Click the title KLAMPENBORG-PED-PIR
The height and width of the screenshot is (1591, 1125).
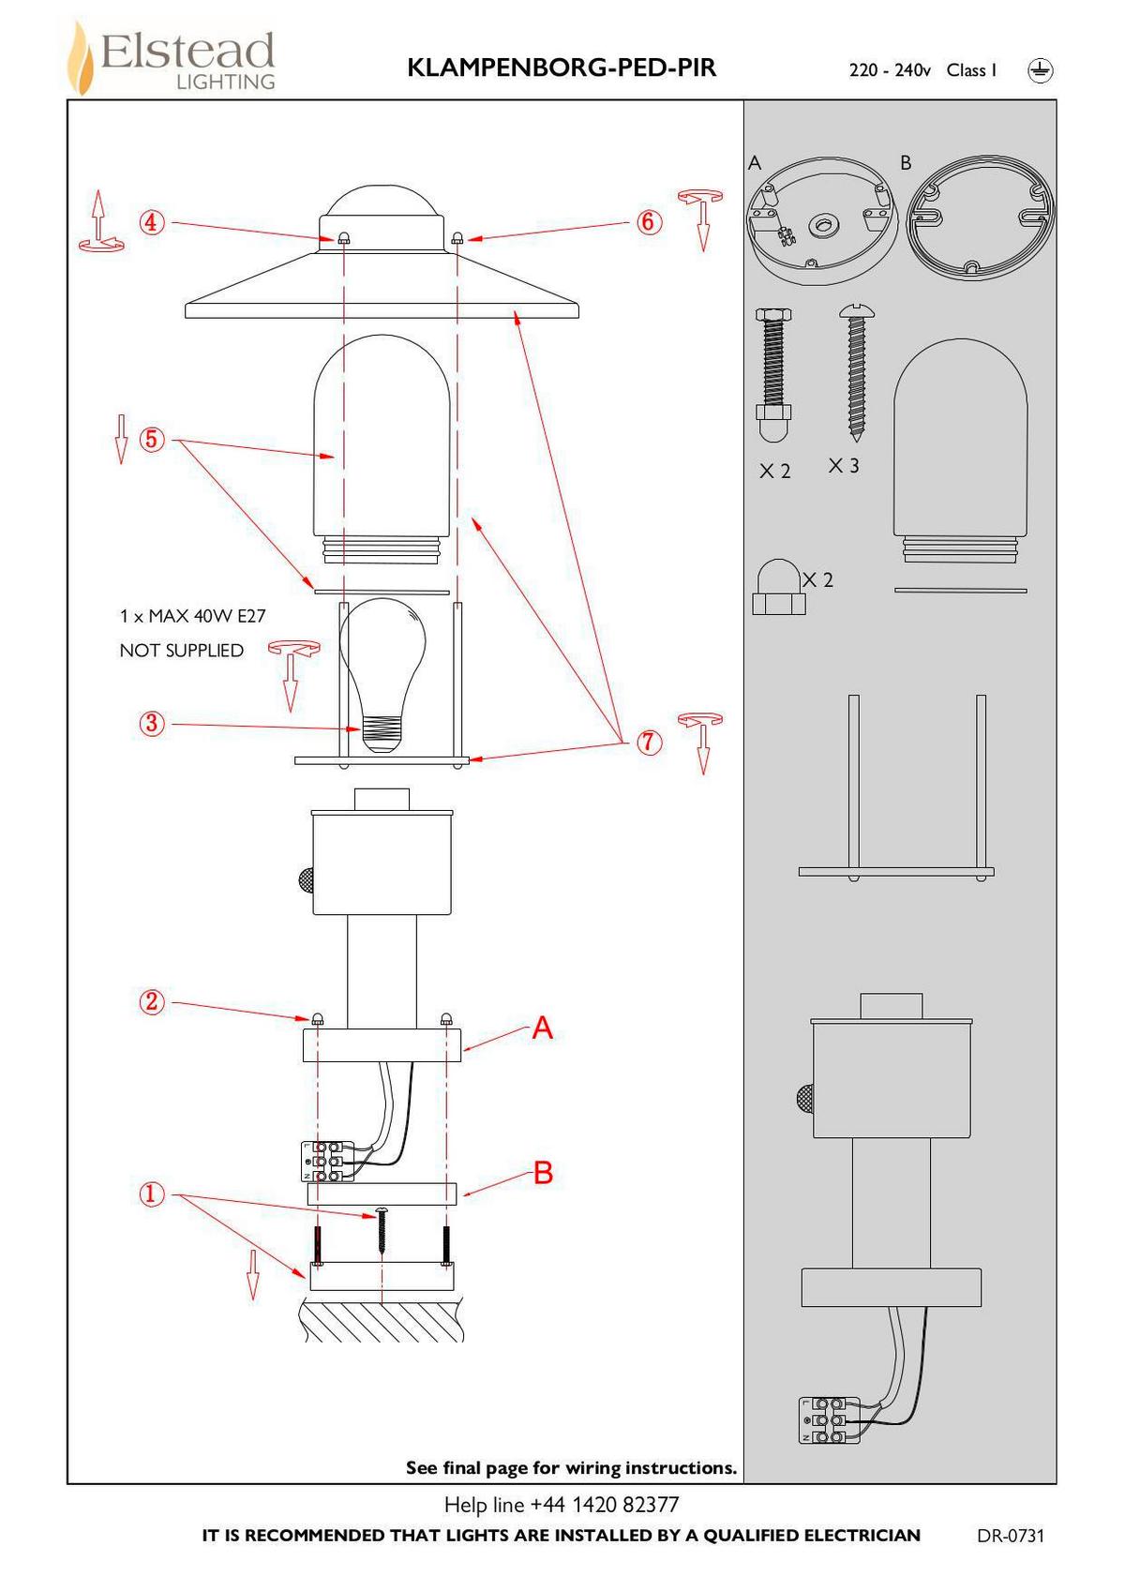(x=562, y=68)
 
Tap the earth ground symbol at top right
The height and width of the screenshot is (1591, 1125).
(x=1040, y=70)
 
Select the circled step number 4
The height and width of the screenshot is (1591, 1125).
(x=152, y=223)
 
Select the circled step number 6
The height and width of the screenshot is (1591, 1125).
(x=649, y=222)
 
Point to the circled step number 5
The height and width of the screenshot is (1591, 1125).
(x=152, y=439)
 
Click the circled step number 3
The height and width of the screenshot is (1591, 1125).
(x=152, y=724)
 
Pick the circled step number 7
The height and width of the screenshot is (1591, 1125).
(x=649, y=743)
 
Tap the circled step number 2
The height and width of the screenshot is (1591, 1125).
(x=152, y=1002)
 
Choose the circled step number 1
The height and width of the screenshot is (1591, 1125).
(x=152, y=1194)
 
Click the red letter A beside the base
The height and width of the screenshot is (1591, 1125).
(x=543, y=1028)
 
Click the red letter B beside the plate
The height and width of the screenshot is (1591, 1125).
(x=543, y=1173)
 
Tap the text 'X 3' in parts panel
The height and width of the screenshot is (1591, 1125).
(x=844, y=466)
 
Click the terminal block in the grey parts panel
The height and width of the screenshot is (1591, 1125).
(x=828, y=1419)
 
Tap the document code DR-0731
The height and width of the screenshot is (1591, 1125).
(x=1010, y=1536)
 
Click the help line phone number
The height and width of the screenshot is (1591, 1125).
(x=604, y=1505)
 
